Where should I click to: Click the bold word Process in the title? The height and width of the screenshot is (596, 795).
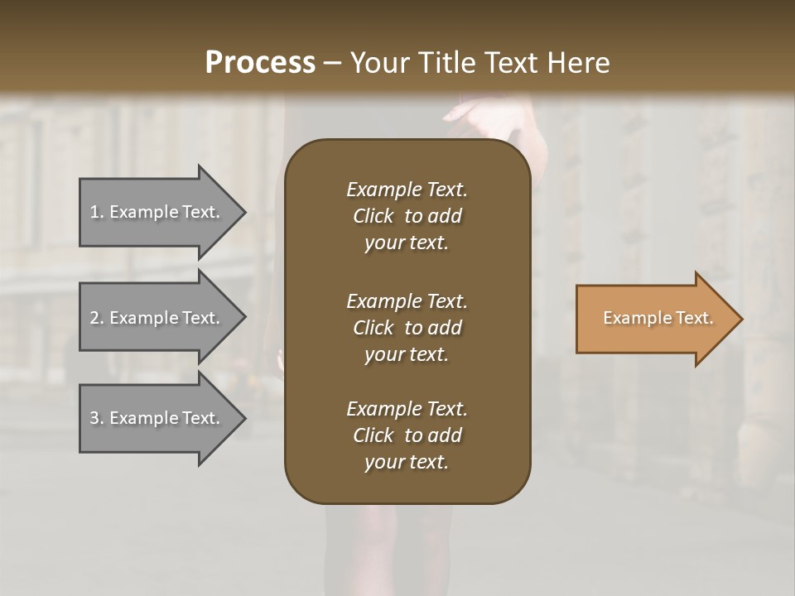(260, 63)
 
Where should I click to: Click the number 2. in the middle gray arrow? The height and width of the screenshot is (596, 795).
(96, 318)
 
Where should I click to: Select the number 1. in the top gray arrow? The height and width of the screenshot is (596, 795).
(96, 212)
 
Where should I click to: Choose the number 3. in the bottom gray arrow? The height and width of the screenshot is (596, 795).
(96, 418)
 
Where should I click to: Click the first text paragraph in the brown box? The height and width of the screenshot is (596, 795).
(407, 216)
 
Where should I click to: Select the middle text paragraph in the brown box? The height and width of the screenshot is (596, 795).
(407, 328)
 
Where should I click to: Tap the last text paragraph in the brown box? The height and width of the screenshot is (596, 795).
(407, 435)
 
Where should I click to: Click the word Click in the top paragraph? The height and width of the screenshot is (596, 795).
(373, 216)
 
